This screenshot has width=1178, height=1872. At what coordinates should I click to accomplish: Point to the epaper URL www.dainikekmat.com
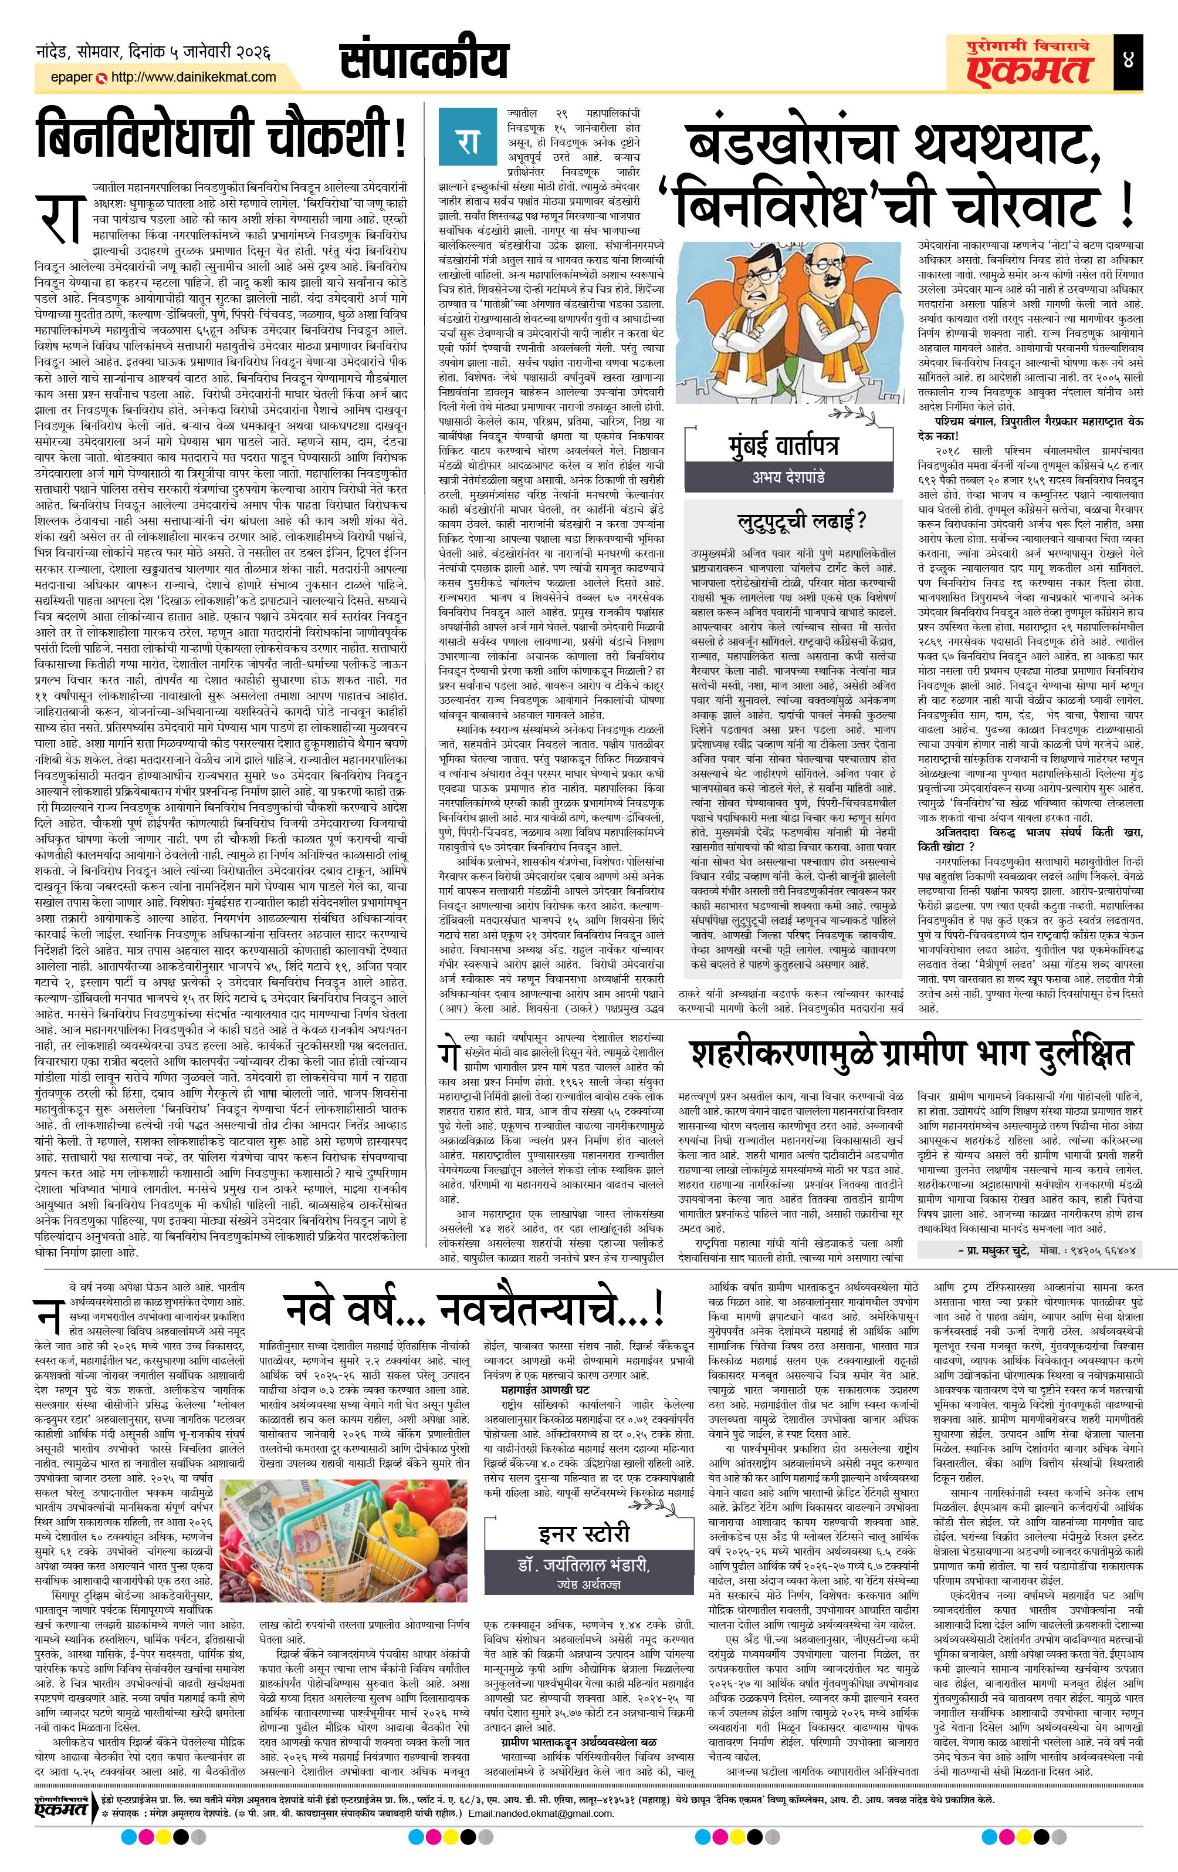[194, 77]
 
